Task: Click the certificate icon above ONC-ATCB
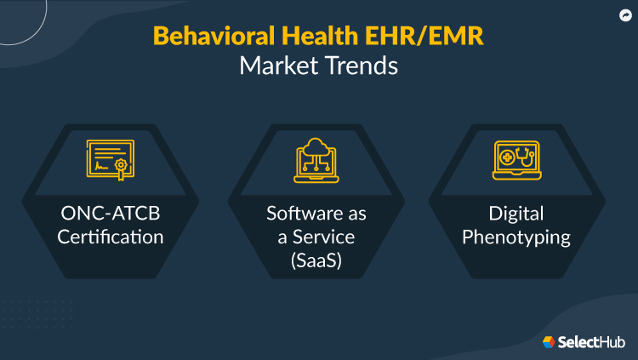click(x=111, y=160)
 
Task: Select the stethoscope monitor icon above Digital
click(x=516, y=160)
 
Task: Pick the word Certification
click(x=111, y=237)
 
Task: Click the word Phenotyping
click(x=516, y=237)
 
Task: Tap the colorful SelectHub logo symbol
click(x=549, y=341)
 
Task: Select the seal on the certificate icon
click(x=122, y=165)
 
